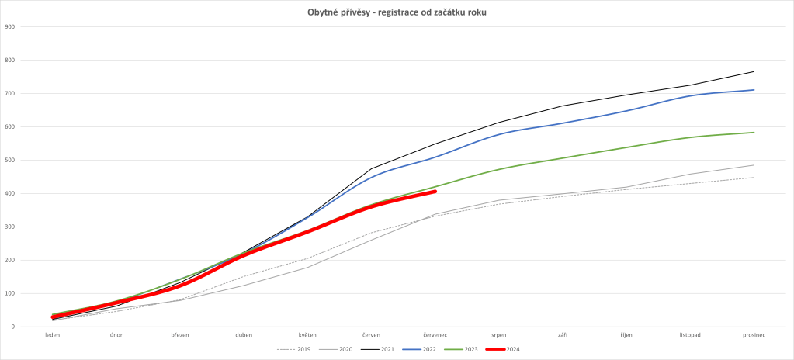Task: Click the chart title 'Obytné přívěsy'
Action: click(397, 12)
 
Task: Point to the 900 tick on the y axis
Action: click(9, 27)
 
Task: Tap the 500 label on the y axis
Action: click(9, 161)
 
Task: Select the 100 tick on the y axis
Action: click(9, 294)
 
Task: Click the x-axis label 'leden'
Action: click(53, 336)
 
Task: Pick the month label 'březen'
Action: click(180, 336)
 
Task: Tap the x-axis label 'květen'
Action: click(307, 336)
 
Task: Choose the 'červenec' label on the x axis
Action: click(435, 336)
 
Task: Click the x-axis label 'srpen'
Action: click(498, 336)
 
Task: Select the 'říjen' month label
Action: click(626, 336)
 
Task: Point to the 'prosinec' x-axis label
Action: click(753, 336)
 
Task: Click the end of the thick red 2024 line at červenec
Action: click(435, 191)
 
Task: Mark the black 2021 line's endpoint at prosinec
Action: click(754, 71)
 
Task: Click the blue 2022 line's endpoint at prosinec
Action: click(754, 90)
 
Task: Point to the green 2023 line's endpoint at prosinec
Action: click(754, 132)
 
